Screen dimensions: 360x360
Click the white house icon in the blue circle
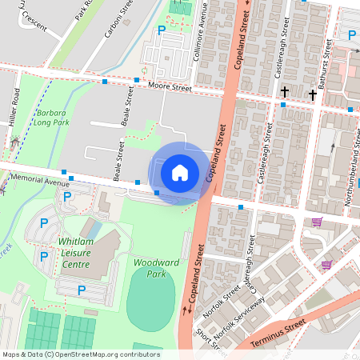pos(180,173)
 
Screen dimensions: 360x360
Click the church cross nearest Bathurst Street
pos(312,94)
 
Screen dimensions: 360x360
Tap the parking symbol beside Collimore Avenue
pos(162,30)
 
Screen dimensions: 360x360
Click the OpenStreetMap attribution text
pos(80,354)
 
